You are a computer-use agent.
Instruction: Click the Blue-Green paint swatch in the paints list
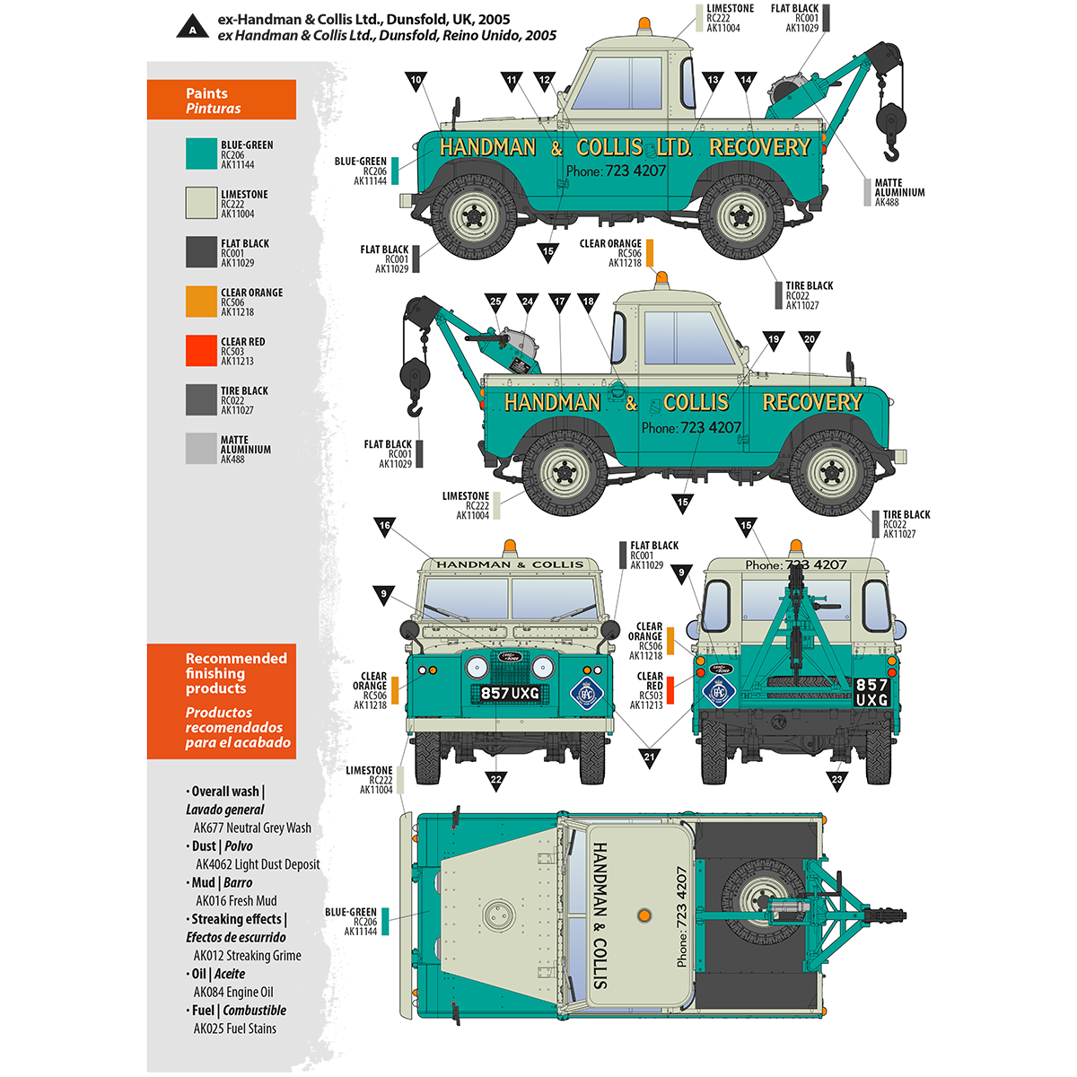tap(201, 153)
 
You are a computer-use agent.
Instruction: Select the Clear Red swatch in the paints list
tap(201, 351)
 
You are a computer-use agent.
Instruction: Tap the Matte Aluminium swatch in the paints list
tap(201, 449)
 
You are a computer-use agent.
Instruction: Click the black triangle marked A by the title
tap(192, 27)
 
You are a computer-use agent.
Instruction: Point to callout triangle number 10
tap(416, 81)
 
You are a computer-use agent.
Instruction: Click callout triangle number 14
tap(746, 81)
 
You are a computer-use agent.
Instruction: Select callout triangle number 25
tap(495, 302)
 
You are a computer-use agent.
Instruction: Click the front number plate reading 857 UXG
tap(510, 693)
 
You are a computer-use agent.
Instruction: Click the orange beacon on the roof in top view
tap(644, 915)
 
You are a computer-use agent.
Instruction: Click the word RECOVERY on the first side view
tap(759, 147)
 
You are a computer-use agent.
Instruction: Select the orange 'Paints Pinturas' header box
tap(222, 100)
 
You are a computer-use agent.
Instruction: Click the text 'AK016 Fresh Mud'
tap(236, 901)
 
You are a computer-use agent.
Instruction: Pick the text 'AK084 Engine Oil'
tap(233, 992)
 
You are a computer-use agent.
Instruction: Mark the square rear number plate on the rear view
tap(871, 692)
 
